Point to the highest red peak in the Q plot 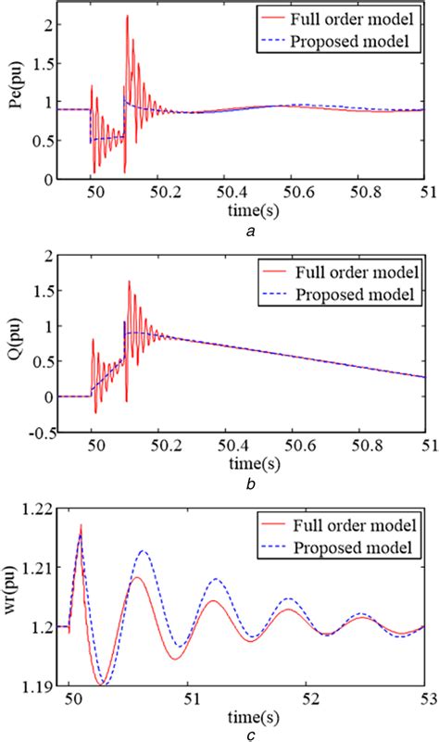(130, 282)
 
